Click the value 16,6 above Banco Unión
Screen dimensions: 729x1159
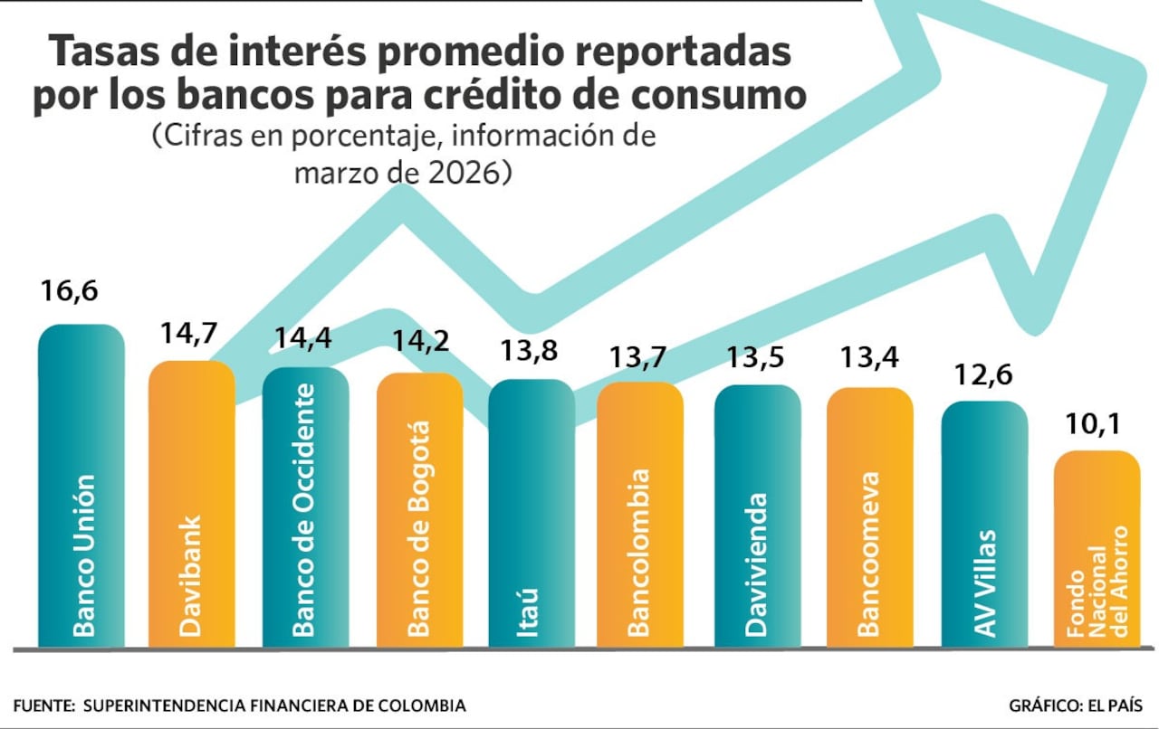[68, 292]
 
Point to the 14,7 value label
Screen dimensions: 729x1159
[187, 333]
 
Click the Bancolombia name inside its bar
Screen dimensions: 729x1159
[639, 552]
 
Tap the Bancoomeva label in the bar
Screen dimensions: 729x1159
[868, 554]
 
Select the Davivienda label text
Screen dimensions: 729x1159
[757, 563]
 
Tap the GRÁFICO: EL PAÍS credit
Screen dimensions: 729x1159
[1075, 705]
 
